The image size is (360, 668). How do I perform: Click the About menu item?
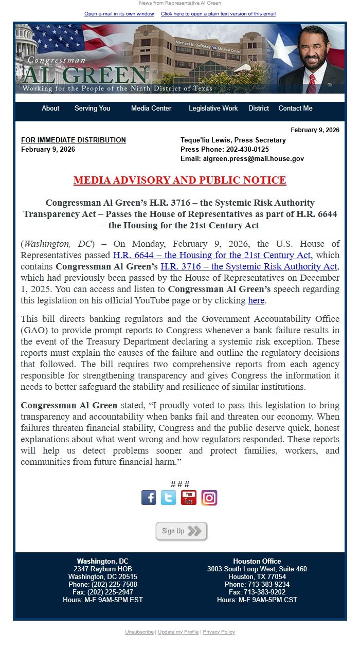[50, 109]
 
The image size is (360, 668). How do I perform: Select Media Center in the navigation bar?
[151, 109]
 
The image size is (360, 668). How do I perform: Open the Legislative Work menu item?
[213, 109]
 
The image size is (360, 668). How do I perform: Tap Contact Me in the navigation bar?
[295, 109]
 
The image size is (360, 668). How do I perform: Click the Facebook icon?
[149, 498]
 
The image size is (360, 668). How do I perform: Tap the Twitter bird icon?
[168, 498]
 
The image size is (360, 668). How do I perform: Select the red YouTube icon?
[189, 498]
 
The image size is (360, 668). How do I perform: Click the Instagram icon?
[209, 498]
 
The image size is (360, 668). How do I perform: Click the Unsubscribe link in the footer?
[139, 632]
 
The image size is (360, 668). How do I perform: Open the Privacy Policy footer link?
[219, 632]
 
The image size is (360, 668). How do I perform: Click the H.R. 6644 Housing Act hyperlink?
[212, 255]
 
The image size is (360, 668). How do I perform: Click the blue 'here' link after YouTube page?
[256, 300]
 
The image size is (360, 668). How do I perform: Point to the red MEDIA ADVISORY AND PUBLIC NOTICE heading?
[179, 180]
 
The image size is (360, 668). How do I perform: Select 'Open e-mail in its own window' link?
[119, 14]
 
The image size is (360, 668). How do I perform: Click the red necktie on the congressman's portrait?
[312, 84]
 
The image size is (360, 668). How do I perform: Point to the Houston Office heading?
[257, 562]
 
